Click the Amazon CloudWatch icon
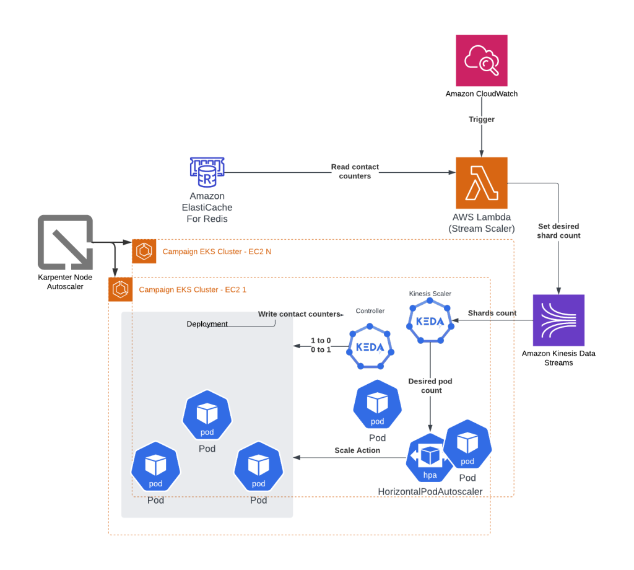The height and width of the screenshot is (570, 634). coord(481,60)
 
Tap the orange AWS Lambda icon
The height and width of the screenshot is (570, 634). coord(481,183)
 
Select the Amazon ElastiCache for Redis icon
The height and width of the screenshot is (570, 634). coord(207,172)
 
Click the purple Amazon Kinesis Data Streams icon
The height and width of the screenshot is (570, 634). coord(558,320)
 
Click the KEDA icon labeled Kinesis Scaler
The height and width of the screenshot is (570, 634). coord(430,321)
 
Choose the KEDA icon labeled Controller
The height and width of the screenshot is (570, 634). coord(370,347)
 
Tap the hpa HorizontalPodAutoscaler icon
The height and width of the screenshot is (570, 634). coord(430,459)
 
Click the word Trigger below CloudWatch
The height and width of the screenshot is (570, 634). coord(481,119)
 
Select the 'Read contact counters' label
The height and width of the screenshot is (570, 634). coord(355,172)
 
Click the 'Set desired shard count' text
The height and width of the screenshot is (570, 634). coord(559,230)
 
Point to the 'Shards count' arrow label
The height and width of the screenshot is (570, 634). coord(492,313)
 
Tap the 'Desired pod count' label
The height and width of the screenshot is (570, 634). coord(430,385)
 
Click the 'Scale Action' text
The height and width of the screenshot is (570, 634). coord(357,450)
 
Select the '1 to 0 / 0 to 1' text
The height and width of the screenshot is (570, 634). coord(321,345)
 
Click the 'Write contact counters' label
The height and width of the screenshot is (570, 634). coord(300,314)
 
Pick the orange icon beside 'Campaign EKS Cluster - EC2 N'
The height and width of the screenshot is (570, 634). coord(144,252)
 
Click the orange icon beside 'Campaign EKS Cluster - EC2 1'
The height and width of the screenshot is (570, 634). coord(120,289)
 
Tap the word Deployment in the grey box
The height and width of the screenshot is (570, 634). coord(207,324)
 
